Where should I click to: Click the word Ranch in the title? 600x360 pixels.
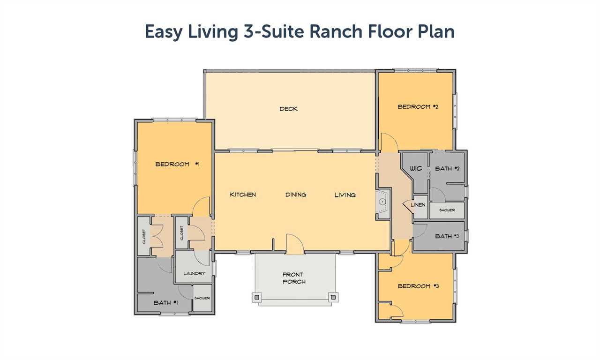point(336,31)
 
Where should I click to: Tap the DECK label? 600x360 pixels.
point(288,109)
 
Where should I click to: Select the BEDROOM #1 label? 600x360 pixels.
point(177,164)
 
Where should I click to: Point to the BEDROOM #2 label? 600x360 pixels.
point(418,106)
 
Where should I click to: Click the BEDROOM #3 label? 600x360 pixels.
point(418,286)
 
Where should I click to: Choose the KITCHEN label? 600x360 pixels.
point(243,195)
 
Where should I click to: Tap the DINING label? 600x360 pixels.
point(296,195)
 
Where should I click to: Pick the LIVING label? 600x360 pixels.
point(345,195)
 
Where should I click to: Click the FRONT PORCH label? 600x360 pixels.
point(294,278)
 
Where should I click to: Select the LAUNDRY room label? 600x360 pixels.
point(194,273)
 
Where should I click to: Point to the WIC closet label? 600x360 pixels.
point(416,168)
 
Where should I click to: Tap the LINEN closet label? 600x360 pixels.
point(418,205)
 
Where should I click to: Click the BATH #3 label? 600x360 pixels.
point(447,236)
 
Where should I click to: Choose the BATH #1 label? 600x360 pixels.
point(166,303)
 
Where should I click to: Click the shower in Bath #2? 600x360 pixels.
point(447,210)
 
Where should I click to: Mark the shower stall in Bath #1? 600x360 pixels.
point(202,298)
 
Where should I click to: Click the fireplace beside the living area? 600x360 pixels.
point(382,202)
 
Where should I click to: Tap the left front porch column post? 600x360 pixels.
point(256,297)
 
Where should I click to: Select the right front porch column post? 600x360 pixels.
point(333,297)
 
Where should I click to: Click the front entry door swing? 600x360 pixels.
point(295,244)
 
